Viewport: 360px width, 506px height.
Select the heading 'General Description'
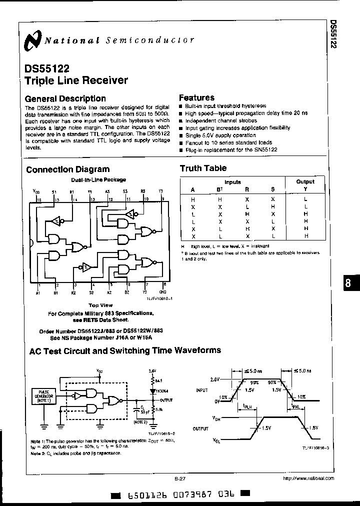65,98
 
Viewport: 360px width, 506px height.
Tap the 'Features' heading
196,98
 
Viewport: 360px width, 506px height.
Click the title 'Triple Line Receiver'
76,80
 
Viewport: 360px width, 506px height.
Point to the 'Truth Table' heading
203,168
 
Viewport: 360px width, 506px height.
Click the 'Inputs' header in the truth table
232,182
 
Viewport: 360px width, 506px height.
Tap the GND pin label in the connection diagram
163,292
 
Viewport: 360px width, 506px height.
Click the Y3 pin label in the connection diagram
161,191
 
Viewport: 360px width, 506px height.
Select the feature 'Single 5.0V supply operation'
220,135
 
